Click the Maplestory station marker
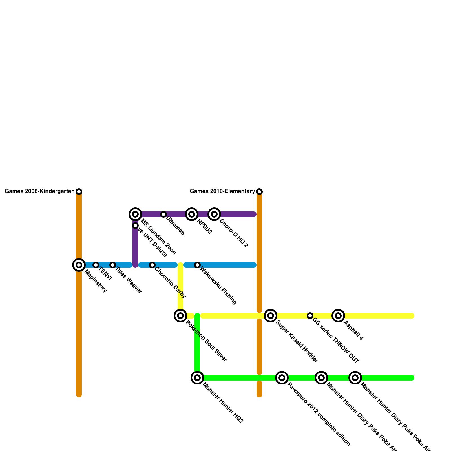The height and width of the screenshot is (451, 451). [79, 265]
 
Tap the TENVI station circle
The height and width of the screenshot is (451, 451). [96, 265]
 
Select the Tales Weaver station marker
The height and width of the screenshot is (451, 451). [113, 265]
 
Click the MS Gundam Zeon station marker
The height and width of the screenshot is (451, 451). [135, 214]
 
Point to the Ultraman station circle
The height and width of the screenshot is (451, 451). [163, 214]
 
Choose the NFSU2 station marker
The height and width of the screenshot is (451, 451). [192, 214]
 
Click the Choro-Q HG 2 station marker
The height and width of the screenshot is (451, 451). [214, 214]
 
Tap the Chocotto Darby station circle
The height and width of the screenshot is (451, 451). [152, 265]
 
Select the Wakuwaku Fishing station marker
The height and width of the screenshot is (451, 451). [197, 265]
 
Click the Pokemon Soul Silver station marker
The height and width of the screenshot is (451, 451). [180, 315]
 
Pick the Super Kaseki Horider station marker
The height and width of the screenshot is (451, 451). [271, 315]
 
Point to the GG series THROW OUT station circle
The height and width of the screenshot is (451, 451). [310, 315]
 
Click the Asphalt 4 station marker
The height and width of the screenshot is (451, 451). [338, 315]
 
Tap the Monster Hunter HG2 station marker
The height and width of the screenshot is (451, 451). [197, 377]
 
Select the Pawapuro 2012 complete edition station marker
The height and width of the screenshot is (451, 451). [282, 377]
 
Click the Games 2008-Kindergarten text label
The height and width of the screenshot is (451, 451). [39, 191]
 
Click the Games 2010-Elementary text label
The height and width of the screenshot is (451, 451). [222, 191]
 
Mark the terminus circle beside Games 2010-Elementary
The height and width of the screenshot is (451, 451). [259, 192]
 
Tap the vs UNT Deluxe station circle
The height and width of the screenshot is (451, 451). [135, 225]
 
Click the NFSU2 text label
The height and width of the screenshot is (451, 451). [204, 226]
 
